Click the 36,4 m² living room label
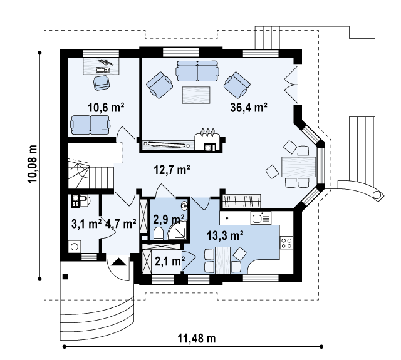coord(249,108)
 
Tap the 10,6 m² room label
coord(106,108)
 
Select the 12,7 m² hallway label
coord(172,170)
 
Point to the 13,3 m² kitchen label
coord(225,235)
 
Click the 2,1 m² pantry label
coord(170,261)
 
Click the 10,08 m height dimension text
coord(33,164)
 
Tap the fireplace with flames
coord(207,141)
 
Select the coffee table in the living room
coord(196,95)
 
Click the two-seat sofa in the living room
coord(197,71)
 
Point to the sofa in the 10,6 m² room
coord(90,125)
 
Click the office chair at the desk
coord(102,83)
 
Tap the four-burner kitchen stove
coord(287,242)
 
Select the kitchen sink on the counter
coord(261,219)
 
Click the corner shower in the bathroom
coord(177,230)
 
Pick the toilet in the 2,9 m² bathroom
coord(159,234)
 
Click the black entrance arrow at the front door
coord(119,262)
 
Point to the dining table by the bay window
coord(299,167)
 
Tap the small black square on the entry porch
coord(65,276)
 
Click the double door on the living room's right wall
coord(291,85)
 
